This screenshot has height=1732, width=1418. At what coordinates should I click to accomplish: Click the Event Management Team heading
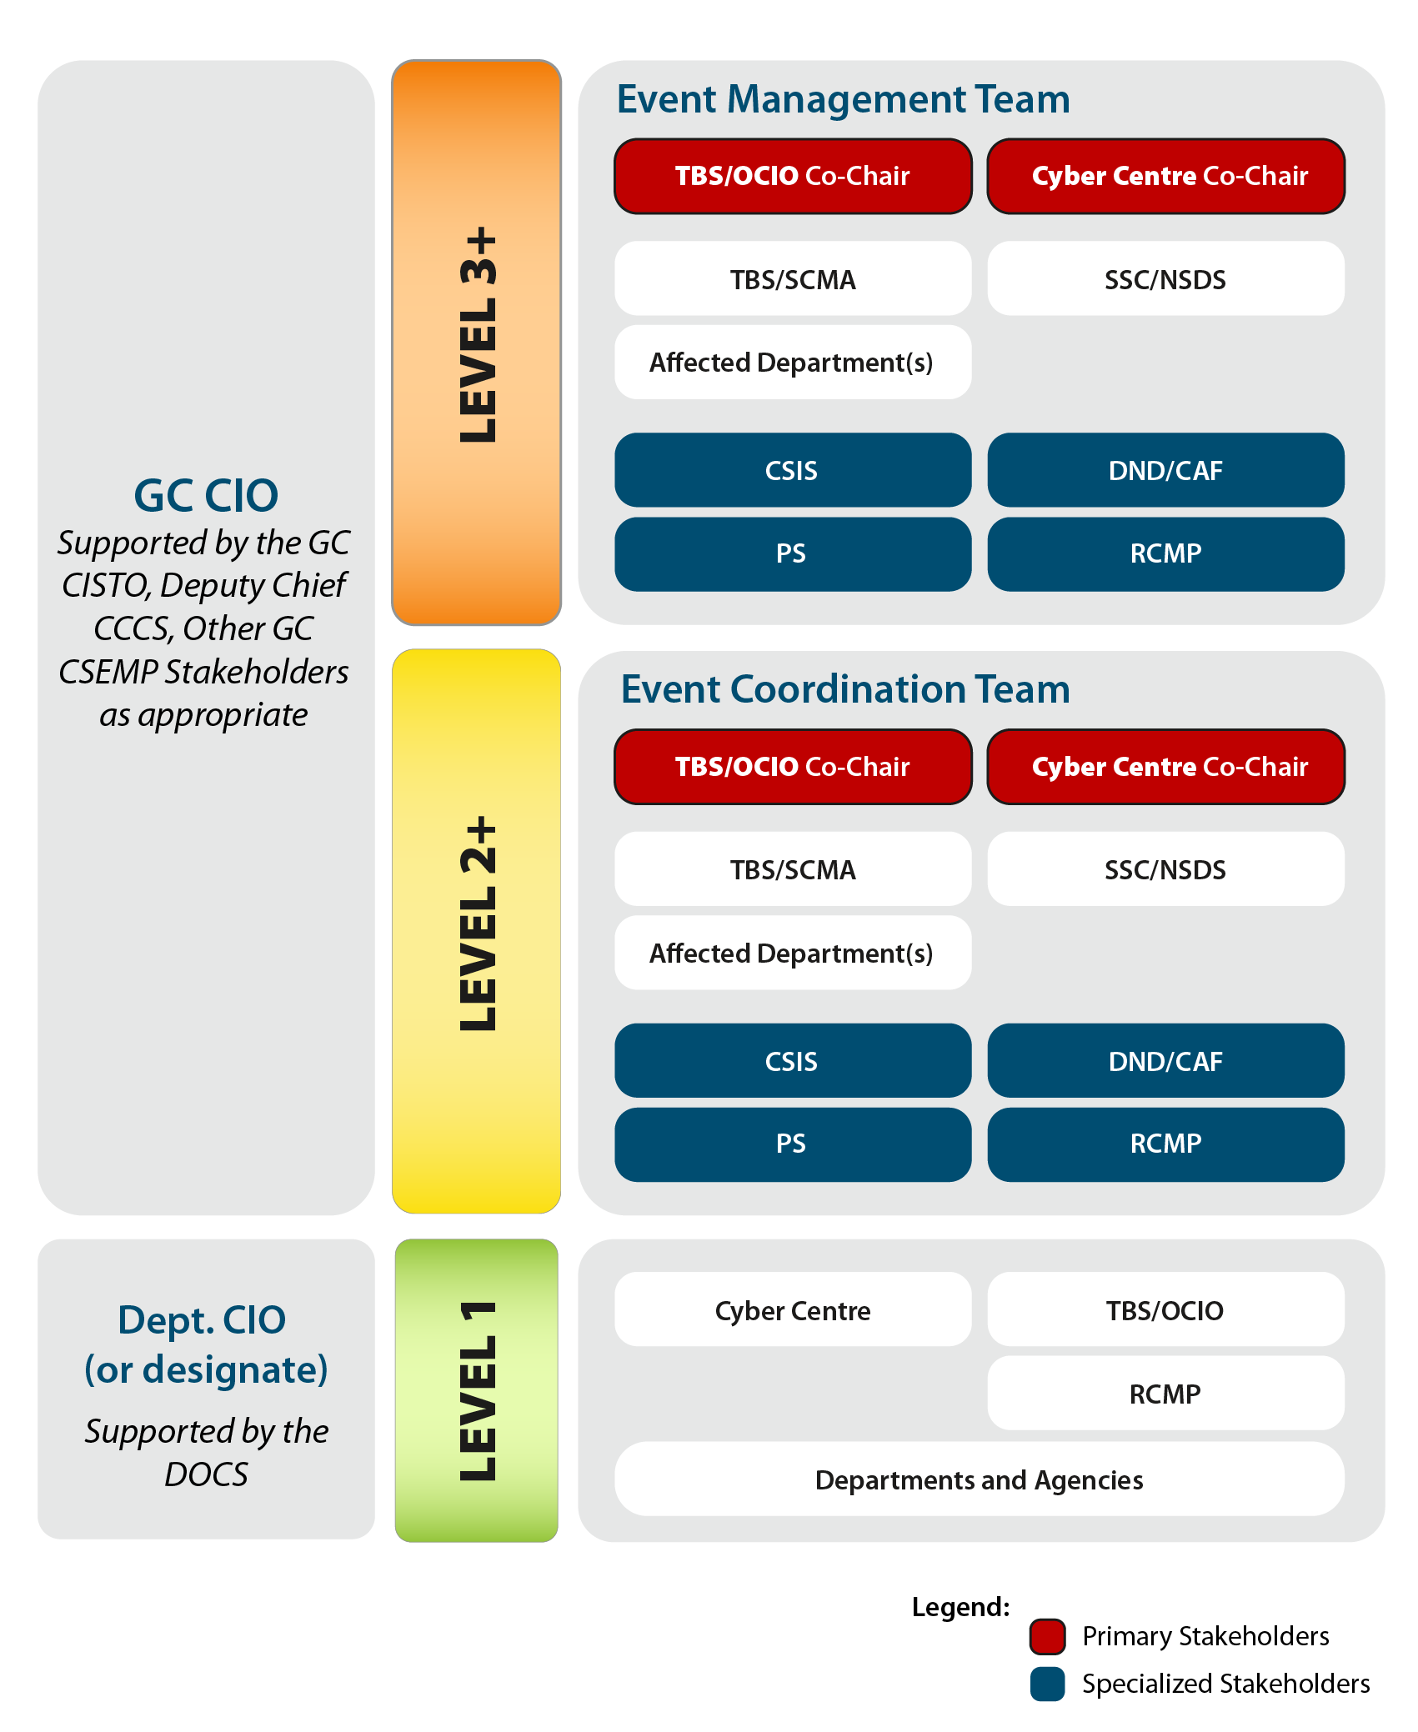coord(843,99)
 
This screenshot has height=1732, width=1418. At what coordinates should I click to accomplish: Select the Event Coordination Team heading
coord(844,689)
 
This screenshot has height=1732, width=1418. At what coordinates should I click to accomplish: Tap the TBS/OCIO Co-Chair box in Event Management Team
coord(793,176)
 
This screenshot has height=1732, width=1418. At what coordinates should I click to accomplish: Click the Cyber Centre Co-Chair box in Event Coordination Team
coord(1165,767)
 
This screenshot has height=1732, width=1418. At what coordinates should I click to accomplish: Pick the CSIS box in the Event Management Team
coord(793,470)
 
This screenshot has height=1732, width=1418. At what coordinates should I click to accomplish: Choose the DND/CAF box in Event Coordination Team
coord(1165,1061)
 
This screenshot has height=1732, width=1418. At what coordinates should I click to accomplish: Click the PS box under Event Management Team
coord(793,553)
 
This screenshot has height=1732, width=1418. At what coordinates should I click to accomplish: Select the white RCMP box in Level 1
coord(1165,1394)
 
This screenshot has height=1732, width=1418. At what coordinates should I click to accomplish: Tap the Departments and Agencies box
coord(979,1479)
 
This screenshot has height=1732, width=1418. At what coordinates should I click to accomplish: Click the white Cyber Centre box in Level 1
coord(793,1310)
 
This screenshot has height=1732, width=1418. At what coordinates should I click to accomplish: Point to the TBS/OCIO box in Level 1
coord(1165,1310)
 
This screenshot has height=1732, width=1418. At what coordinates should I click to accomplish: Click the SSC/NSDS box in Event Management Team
coord(1165,279)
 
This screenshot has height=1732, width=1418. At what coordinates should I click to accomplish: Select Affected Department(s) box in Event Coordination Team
coord(793,953)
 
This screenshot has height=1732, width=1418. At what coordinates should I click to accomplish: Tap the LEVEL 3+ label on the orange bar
coord(478,335)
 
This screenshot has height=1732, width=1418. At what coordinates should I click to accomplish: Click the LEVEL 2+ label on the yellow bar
coord(478,924)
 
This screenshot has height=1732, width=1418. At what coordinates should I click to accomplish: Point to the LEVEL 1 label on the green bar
coord(478,1390)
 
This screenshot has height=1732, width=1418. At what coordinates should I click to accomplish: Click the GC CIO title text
coord(206,496)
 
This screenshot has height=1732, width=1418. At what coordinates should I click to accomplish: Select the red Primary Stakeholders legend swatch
coord(1047,1636)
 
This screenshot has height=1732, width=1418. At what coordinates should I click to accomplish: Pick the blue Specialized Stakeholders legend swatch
coord(1047,1684)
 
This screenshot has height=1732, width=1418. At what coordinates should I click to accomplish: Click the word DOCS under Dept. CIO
coord(206,1474)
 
